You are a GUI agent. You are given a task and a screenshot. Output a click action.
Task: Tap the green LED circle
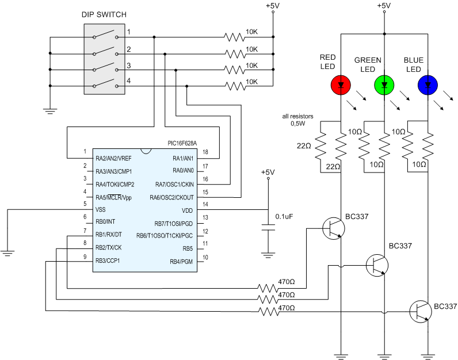coord(384,85)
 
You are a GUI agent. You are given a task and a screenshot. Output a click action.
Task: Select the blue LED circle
coord(428,85)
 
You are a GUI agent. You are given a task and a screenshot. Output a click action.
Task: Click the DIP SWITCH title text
coord(104,14)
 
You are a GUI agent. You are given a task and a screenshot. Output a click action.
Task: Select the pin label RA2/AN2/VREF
coord(114,158)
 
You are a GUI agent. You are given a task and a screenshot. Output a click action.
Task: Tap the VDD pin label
coord(187,210)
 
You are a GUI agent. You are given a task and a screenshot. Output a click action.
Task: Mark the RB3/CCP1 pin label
coord(108,261)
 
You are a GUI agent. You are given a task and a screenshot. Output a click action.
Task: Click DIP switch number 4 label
coord(129,81)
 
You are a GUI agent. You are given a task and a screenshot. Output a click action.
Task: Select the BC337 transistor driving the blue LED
coord(419,311)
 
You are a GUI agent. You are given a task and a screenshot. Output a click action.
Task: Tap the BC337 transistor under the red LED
coord(334,228)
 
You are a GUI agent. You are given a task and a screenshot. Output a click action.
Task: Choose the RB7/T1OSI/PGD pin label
coord(174,223)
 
